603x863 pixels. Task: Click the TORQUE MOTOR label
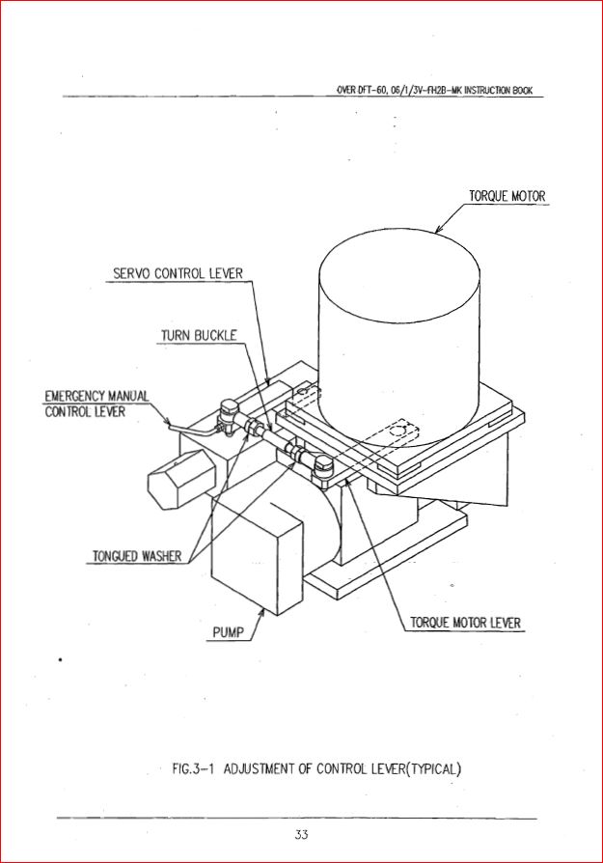507,196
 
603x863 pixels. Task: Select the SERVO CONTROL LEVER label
178,273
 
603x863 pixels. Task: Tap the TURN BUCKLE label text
199,335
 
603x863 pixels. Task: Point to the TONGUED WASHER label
136,556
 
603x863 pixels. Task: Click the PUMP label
228,632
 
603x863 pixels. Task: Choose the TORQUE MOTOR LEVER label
465,623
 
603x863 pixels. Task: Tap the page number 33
301,834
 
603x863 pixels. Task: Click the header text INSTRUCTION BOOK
499,91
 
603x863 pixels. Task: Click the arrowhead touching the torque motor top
440,228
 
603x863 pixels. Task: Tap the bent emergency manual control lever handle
195,430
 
